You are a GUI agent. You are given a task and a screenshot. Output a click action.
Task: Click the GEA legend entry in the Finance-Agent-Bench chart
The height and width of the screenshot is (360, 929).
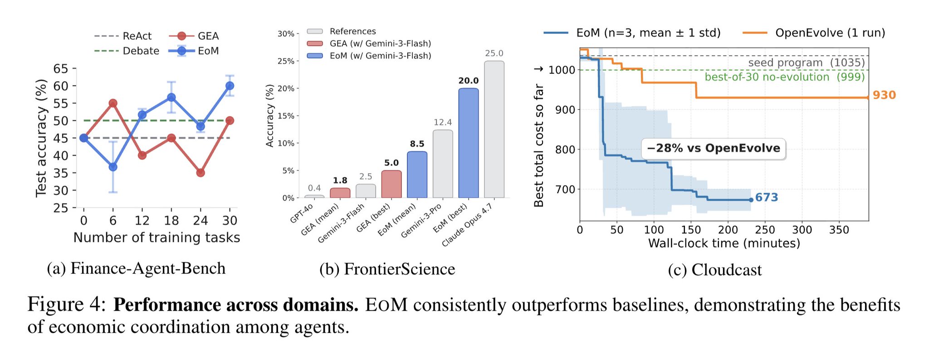pos(194,36)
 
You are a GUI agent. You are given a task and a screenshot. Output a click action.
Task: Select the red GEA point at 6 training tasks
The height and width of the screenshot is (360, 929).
pos(113,103)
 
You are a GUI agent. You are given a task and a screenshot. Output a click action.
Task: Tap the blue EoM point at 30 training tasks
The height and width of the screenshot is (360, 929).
pos(230,86)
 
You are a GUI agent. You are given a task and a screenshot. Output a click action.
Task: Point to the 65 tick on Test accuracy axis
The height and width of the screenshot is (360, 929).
pos(61,69)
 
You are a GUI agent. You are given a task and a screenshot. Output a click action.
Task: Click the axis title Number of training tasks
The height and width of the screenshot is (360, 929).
pos(156,238)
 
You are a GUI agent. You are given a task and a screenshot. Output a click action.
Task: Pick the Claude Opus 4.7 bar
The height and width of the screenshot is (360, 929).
pos(494,129)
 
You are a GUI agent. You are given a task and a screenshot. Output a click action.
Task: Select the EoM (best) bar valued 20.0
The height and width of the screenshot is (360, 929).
pos(469,143)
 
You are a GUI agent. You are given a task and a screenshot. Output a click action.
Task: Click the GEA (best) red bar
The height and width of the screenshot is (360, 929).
pos(391,184)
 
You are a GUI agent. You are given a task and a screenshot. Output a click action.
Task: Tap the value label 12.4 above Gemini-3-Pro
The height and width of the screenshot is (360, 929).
pos(443,122)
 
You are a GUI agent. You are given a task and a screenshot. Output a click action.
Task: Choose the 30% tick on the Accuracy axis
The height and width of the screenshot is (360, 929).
pos(286,34)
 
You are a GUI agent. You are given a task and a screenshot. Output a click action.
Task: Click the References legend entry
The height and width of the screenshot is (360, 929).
pos(342,31)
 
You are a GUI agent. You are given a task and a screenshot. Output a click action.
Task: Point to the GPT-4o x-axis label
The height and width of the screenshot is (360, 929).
pos(302,213)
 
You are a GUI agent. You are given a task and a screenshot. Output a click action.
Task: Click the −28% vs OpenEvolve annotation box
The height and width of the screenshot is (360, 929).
pos(714,148)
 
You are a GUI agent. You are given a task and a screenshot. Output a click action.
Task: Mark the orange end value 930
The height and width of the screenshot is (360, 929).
pos(884,95)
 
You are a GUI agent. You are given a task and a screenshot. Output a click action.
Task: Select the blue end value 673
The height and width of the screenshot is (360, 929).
pos(767,197)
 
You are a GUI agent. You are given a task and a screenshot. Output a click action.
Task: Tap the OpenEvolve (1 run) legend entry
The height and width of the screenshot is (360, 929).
pos(814,33)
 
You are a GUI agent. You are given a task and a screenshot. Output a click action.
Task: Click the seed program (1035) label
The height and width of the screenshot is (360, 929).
pos(807,63)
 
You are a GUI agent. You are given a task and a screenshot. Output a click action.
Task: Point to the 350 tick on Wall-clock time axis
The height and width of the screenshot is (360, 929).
pos(839,230)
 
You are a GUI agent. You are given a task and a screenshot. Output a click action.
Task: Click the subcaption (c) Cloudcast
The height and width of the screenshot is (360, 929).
pos(715,270)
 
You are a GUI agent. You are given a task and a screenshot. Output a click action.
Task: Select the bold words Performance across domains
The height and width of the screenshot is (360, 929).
pos(236,305)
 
